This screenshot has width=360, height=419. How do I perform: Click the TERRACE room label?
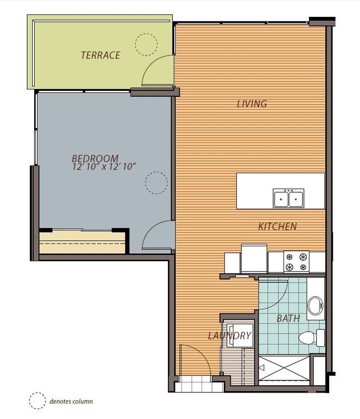coord(100,55)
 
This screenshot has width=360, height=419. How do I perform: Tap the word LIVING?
coord(252,104)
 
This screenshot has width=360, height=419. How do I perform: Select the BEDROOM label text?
coord(95,158)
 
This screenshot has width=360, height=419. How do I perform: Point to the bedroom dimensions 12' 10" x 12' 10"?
coord(104,167)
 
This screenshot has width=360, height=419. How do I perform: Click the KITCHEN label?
coord(277,226)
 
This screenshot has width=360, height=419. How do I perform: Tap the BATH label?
coord(288,318)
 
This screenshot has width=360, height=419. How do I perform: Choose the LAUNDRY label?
coord(229,336)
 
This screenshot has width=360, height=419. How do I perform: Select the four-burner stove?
coord(296,262)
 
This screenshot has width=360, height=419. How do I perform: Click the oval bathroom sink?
coord(315,307)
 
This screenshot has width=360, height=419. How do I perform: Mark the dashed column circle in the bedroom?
coord(155,182)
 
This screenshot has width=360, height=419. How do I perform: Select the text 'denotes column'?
coord(71,401)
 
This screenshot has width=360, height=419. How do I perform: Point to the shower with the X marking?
coord(284,369)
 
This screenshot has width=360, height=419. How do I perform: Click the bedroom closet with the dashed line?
coord(82,243)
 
